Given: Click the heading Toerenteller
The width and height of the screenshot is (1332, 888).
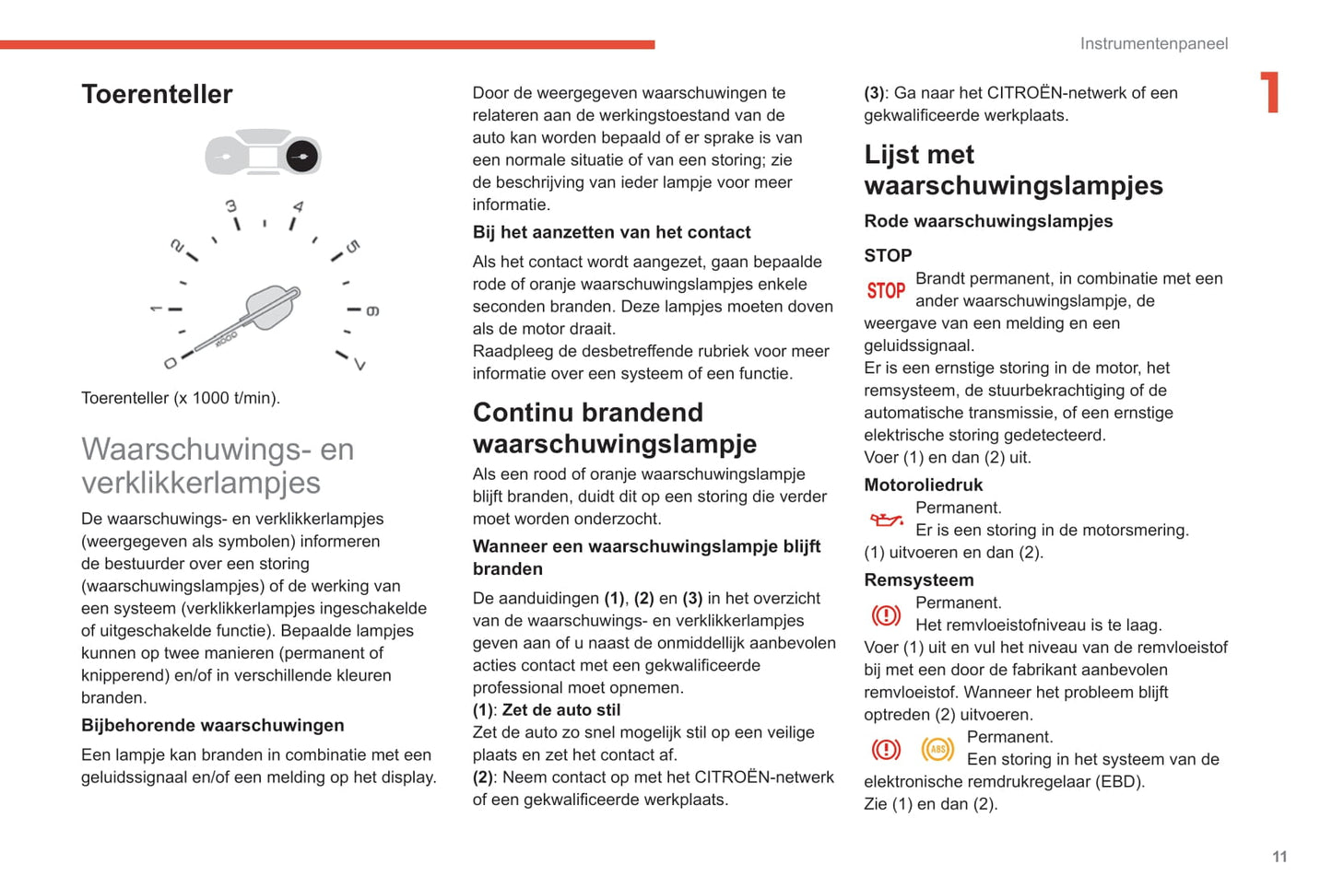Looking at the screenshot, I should pos(157,94).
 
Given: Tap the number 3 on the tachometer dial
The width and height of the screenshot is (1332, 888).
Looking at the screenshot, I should pos(231,206).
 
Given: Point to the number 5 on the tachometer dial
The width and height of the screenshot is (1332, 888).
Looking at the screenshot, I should pos(353,247).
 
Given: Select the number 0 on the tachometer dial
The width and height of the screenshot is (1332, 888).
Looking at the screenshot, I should pos(171,363).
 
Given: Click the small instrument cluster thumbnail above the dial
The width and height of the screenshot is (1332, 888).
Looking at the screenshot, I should pos(263,155).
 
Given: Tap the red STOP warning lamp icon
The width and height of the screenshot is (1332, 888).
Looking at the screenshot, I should pos(886,291).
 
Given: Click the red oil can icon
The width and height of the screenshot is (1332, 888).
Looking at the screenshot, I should pos(887,520).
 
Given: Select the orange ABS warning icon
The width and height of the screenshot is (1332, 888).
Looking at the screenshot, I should pos(937,749).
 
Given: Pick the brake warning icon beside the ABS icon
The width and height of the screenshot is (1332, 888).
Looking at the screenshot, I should pos(886,749).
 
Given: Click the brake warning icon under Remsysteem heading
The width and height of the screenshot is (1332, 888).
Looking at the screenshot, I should pos(886,614).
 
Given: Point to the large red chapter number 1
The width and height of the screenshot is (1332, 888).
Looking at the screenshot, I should pos(1270,92).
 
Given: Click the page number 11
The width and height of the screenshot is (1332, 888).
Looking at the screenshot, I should pos(1279,857).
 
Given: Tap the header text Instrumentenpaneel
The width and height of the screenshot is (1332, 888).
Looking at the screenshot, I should pos(1153,43).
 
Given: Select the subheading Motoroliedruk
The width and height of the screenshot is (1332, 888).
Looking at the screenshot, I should pos(923,485).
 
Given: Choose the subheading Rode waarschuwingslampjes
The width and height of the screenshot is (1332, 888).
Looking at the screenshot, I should pos(988,221).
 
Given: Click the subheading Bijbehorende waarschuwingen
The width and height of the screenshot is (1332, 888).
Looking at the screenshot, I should pos(212,726).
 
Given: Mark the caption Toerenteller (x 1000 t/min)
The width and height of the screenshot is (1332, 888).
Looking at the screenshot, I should pos(181,398).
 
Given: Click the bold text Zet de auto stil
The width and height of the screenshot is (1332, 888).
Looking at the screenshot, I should pos(560,710).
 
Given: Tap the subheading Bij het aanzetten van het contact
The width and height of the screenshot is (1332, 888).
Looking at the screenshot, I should pos(611,232).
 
